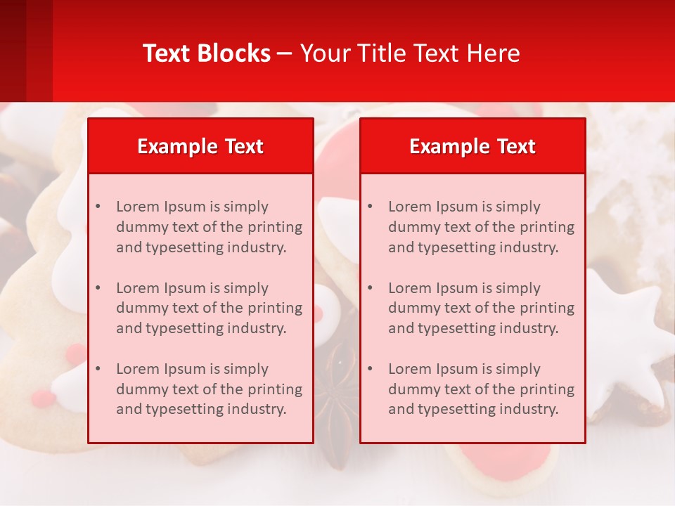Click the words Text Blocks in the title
tap(206, 53)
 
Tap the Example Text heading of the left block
tap(200, 146)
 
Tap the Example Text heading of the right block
tap(472, 146)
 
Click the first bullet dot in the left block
tap(98, 207)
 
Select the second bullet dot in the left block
tap(98, 288)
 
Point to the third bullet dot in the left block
tap(98, 369)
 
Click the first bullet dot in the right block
tap(370, 207)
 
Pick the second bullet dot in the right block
tap(370, 288)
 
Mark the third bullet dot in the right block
tap(370, 369)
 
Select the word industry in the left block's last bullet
tap(257, 409)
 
